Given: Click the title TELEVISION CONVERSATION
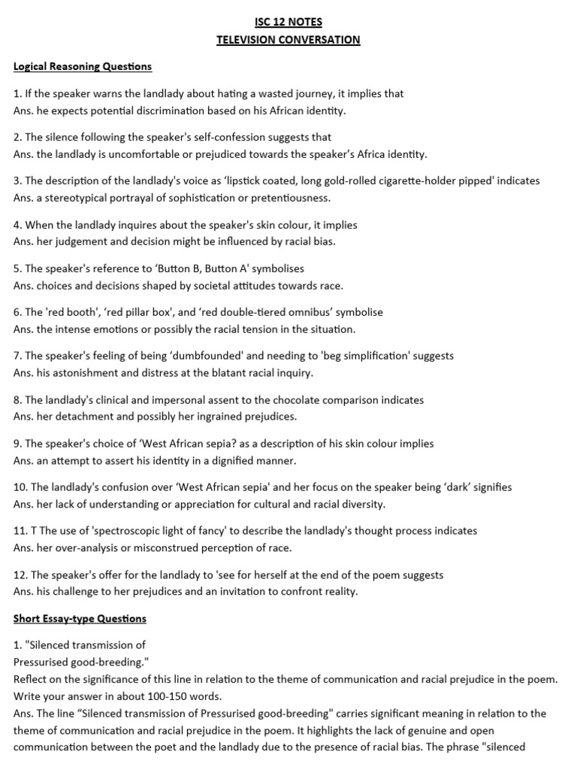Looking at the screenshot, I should (288, 40).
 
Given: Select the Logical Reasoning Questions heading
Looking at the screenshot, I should (83, 67).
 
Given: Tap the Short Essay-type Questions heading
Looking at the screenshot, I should (80, 619).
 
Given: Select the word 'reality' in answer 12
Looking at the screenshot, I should (342, 591).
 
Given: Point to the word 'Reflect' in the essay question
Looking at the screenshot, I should (31, 679).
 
